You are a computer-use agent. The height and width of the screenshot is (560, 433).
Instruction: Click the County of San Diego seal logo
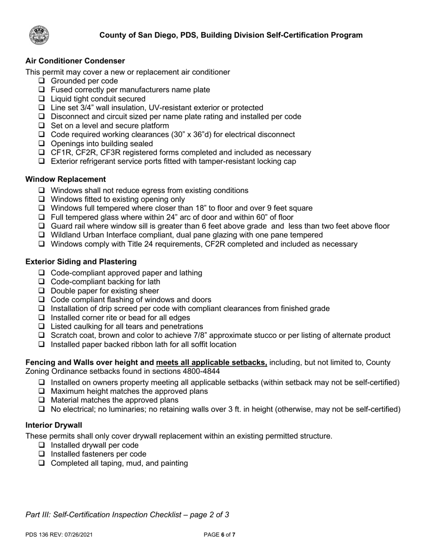pyautogui.click(x=40, y=36)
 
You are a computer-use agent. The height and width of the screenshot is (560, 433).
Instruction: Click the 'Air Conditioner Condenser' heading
pyautogui.click(x=75, y=61)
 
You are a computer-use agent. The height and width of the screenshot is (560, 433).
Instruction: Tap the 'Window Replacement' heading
pyautogui.click(x=66, y=179)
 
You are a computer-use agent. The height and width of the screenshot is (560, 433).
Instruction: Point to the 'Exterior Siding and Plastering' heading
pyautogui.click(x=81, y=262)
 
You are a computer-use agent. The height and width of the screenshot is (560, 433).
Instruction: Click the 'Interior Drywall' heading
pyautogui.click(x=54, y=425)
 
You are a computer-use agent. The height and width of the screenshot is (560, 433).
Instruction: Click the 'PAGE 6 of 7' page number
pyautogui.click(x=219, y=535)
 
